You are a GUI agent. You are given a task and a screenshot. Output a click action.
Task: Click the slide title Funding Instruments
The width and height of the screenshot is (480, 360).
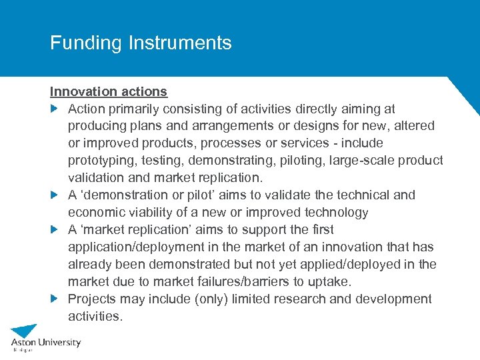(x=141, y=43)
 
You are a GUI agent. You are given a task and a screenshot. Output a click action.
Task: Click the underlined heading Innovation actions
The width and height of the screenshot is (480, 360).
(x=109, y=91)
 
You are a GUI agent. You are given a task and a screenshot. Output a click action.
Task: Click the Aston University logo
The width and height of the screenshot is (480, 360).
(x=45, y=337)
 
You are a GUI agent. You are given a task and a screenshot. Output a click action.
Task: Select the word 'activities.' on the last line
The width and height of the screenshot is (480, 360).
(x=95, y=316)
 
